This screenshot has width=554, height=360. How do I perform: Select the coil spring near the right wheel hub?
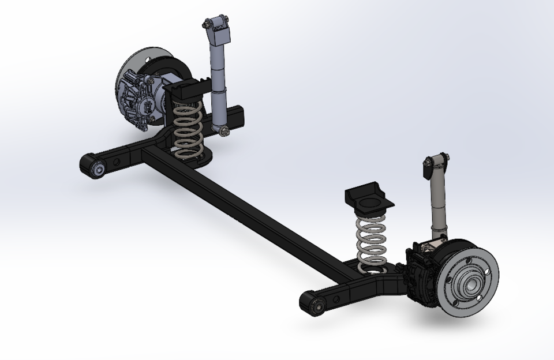[x=370, y=242]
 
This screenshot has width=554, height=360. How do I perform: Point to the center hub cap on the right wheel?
[x=466, y=283]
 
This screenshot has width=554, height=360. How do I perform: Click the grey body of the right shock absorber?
[x=439, y=208]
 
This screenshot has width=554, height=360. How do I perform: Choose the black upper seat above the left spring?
[x=186, y=89]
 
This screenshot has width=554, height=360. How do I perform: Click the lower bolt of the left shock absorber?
[x=224, y=133]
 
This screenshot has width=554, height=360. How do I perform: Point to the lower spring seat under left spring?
[x=199, y=156]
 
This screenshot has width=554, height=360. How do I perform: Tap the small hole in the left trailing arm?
[x=119, y=161]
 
